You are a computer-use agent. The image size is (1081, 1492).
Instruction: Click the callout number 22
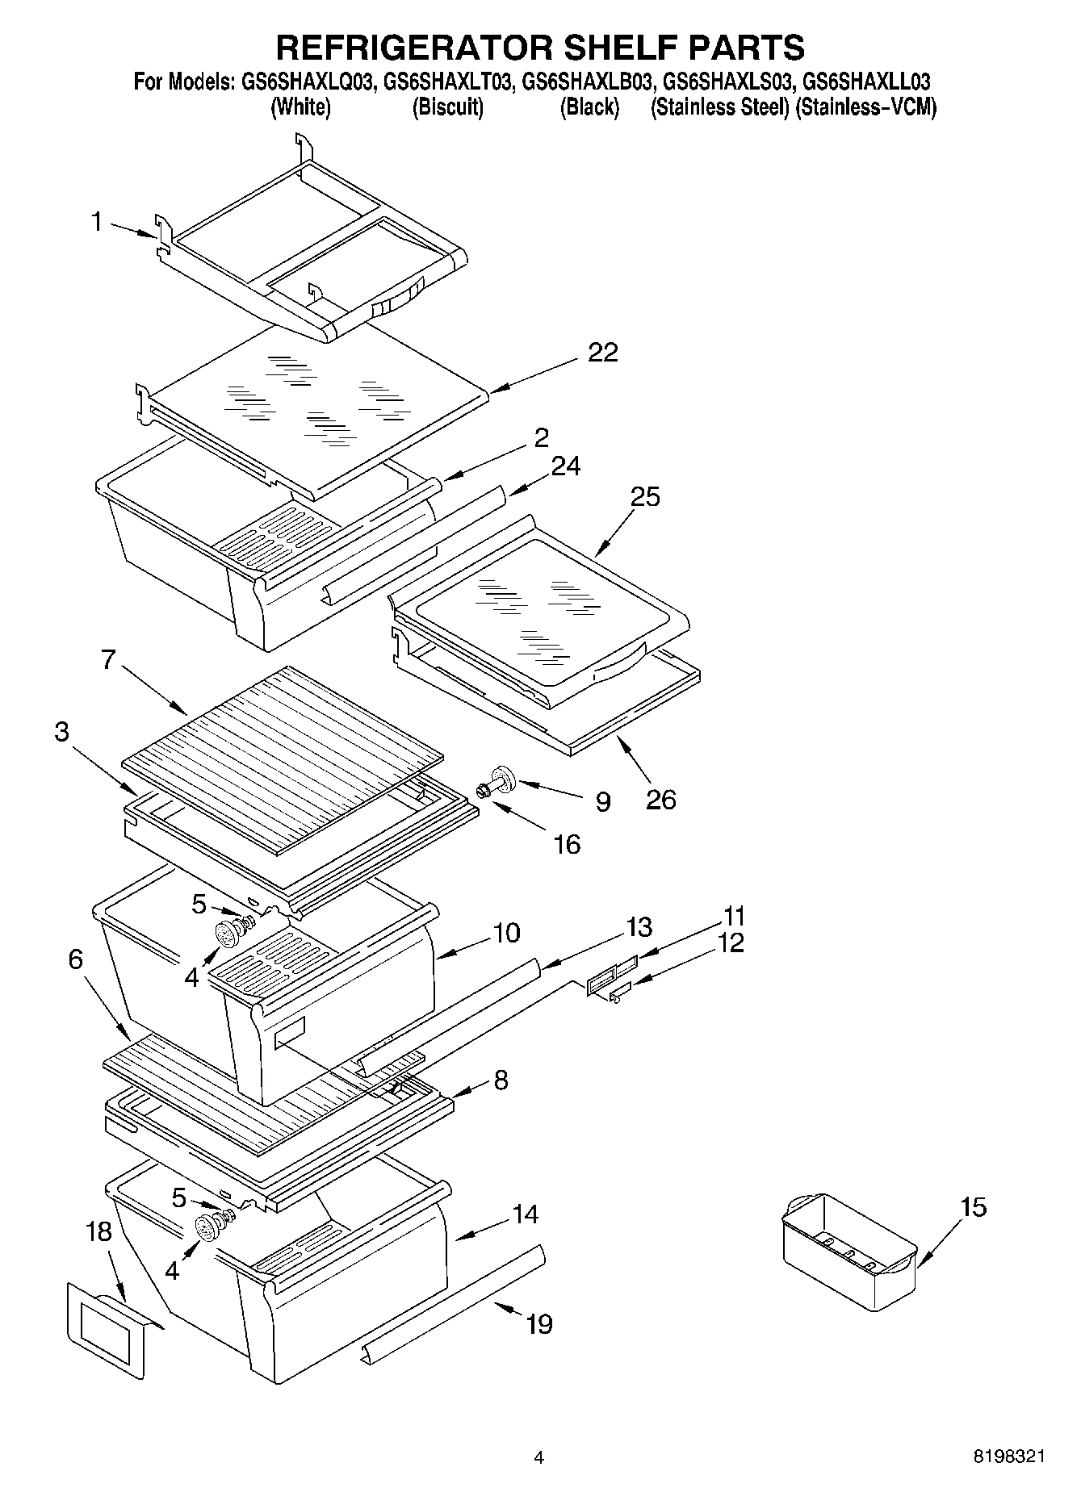click(x=602, y=353)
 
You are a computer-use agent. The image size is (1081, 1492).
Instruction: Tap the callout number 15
click(x=974, y=1207)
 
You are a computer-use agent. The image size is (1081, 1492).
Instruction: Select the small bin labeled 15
click(x=848, y=1250)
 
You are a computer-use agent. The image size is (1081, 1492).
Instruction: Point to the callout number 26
click(x=660, y=800)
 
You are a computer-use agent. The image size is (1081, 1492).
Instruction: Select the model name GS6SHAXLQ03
click(x=306, y=82)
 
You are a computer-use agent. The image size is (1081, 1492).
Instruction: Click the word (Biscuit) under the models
click(x=447, y=107)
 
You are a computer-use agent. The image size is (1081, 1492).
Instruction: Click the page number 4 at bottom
click(x=538, y=1457)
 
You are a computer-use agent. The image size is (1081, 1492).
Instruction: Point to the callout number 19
click(x=538, y=1324)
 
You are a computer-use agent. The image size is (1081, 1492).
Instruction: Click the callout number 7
click(x=110, y=659)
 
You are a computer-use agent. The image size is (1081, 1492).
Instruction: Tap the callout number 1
click(x=96, y=221)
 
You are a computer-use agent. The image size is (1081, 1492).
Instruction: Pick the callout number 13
click(x=639, y=927)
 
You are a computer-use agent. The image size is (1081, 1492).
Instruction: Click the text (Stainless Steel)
click(x=719, y=107)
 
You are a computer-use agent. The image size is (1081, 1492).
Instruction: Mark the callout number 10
click(x=505, y=933)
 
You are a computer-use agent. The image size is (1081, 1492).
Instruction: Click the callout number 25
click(x=645, y=496)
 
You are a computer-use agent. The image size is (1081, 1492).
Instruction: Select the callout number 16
click(x=567, y=844)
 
